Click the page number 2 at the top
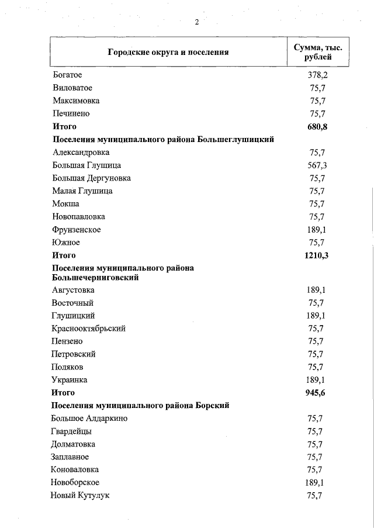[x=197, y=22]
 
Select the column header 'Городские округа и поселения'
[x=168, y=52]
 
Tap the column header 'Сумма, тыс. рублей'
[x=317, y=51]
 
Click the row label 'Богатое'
[x=67, y=75]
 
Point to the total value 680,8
[x=316, y=126]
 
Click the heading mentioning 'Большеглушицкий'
[x=163, y=139]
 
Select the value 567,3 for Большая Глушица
[x=317, y=165]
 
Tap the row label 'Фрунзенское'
[x=77, y=230]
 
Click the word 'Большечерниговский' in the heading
[x=95, y=278]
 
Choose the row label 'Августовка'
[x=73, y=290]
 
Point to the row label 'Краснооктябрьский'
[x=89, y=329]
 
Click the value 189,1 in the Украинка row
[x=316, y=380]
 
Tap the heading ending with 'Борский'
[x=140, y=405]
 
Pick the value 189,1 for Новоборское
[x=316, y=482]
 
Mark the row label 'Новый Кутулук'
[x=81, y=496]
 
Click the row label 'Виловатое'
[x=72, y=88]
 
